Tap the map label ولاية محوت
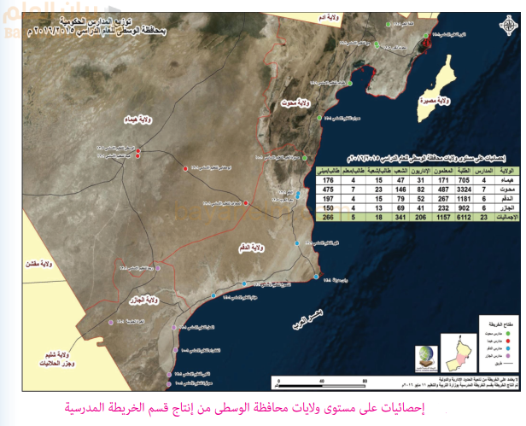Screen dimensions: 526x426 (293, 102)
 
